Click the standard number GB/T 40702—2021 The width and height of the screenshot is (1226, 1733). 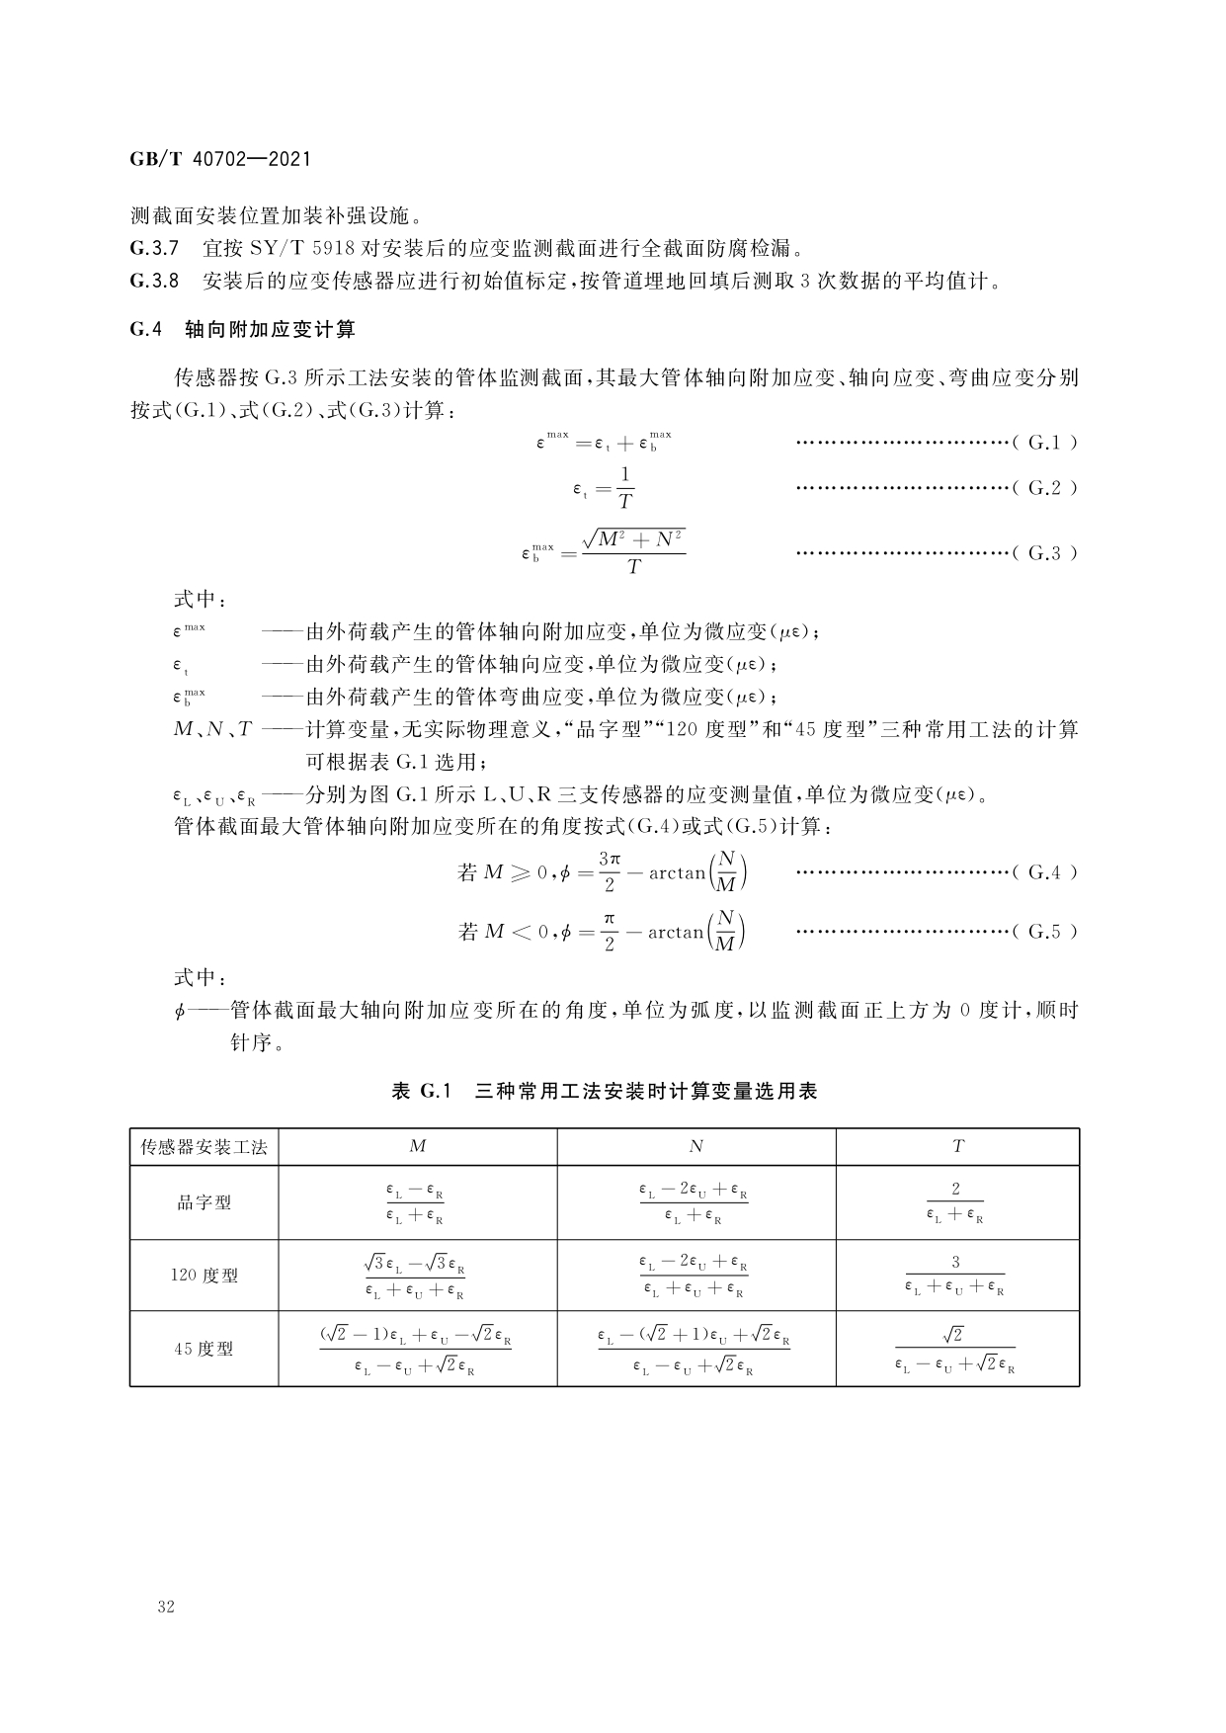(220, 158)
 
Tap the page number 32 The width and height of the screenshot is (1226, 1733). (166, 1608)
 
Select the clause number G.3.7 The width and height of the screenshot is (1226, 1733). (154, 247)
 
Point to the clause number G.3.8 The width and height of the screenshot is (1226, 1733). (154, 281)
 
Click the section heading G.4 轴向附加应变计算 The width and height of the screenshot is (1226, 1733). (242, 330)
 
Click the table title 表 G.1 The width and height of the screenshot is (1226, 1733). (422, 1092)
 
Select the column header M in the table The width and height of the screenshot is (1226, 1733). (418, 1146)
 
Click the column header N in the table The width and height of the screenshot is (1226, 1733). (696, 1146)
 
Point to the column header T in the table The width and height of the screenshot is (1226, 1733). (957, 1146)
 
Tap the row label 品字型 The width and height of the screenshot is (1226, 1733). (204, 1202)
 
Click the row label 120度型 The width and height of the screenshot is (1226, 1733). (204, 1276)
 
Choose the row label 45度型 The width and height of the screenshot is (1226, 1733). (204, 1349)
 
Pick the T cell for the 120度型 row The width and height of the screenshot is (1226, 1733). (955, 1276)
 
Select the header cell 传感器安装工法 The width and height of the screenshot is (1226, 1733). (204, 1146)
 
